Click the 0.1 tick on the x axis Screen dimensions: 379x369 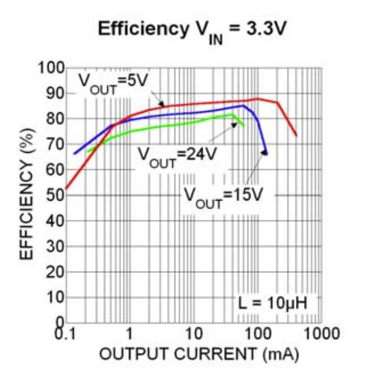coord(65,334)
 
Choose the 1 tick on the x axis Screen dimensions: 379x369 coord(130,334)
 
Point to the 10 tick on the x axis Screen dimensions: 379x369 coord(193,334)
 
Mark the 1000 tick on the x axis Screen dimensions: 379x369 coord(321,334)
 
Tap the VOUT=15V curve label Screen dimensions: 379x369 coord(221,194)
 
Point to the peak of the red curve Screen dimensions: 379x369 coord(257,99)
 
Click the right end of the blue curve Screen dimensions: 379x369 coord(266,154)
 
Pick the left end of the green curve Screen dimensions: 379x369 coord(88,152)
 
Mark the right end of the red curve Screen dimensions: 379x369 coord(297,135)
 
